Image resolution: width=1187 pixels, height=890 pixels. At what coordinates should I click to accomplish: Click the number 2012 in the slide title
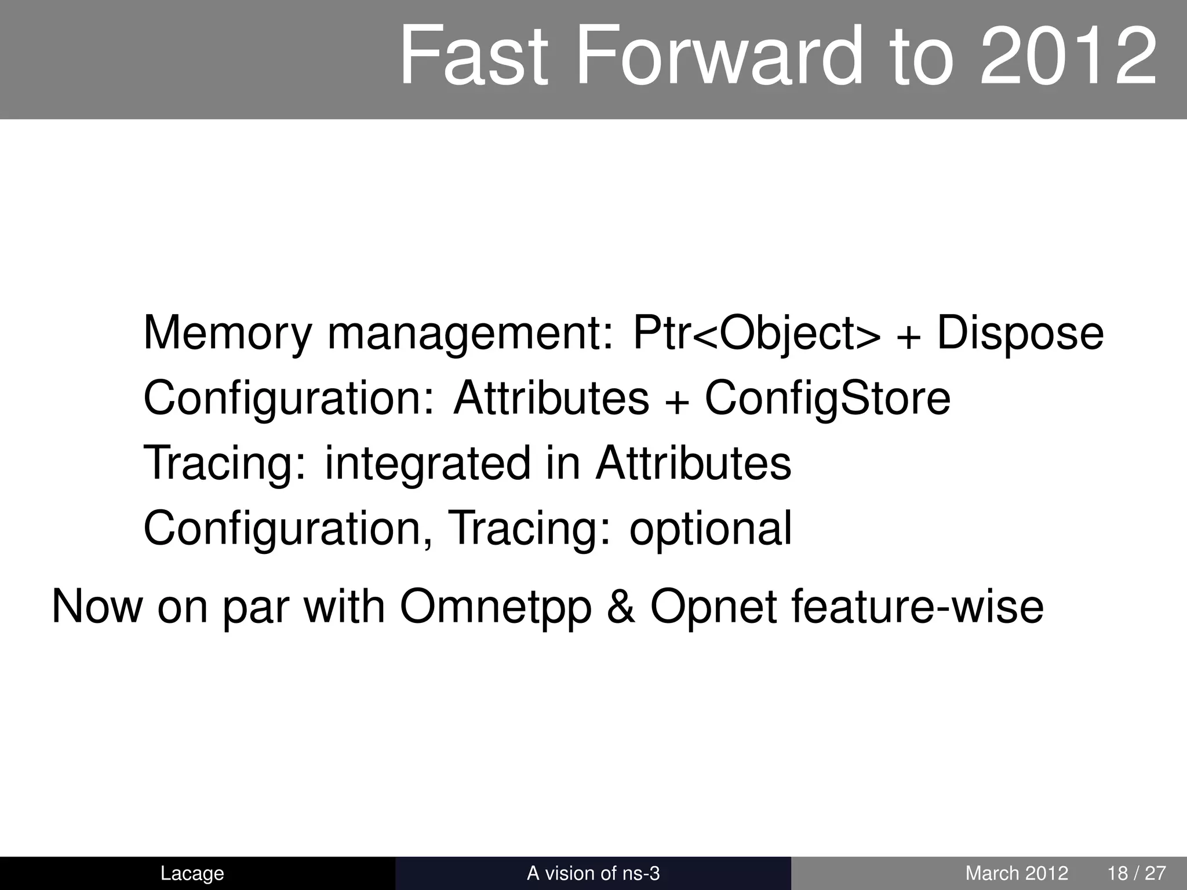[x=1068, y=57]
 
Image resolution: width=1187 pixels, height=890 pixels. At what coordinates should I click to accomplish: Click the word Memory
[x=227, y=334]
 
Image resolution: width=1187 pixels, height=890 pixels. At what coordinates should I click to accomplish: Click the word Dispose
[x=1020, y=334]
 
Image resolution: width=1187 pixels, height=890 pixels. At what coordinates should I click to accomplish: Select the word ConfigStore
[x=828, y=399]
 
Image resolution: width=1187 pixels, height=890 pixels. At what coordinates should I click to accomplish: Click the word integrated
[x=428, y=464]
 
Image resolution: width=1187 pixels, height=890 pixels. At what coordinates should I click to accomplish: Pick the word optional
[x=711, y=528]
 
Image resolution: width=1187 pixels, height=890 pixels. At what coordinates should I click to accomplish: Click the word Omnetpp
[x=496, y=607]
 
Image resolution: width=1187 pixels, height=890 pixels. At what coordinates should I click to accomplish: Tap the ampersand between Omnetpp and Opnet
[x=621, y=607]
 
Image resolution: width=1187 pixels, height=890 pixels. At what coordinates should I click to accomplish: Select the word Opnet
[x=713, y=607]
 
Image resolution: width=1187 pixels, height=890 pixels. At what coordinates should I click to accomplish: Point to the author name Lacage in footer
[x=192, y=873]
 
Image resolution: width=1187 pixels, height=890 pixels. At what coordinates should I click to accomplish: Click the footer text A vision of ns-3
[x=593, y=873]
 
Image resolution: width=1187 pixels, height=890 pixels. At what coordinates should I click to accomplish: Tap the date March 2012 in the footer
[x=1017, y=873]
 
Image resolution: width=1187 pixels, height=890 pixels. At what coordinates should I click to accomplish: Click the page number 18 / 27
[x=1137, y=873]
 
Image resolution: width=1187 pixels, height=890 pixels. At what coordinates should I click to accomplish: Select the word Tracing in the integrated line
[x=224, y=464]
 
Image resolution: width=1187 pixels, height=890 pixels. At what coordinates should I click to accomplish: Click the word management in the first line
[x=470, y=334]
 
